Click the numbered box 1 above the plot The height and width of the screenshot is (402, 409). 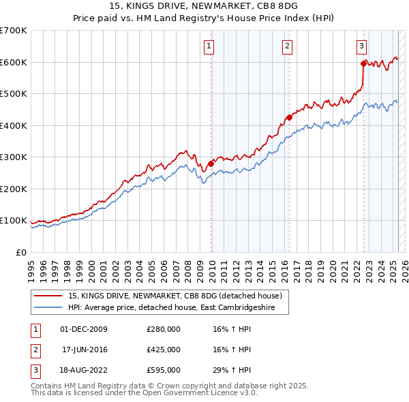[x=208, y=46]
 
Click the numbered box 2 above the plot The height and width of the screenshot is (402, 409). [x=287, y=46]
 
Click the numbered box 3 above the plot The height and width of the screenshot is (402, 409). [x=361, y=46]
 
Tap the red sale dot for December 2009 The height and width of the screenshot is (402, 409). [x=211, y=164]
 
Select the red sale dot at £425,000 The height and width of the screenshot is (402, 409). [x=289, y=117]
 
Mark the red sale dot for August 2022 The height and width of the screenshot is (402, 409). [x=363, y=64]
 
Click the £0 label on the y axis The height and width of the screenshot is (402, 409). [x=20, y=252]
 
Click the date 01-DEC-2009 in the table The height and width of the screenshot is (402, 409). [x=85, y=329]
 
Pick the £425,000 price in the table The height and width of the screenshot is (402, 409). [x=164, y=350]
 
